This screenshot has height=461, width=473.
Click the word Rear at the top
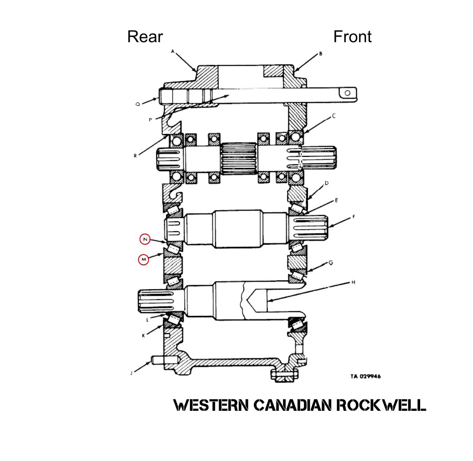click(145, 37)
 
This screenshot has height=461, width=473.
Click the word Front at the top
click(352, 37)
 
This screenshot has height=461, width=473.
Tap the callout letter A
click(173, 52)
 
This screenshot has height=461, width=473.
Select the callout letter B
click(320, 54)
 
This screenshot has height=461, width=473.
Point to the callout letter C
click(334, 116)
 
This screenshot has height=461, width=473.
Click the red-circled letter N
click(145, 239)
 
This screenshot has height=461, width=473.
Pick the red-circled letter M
click(143, 259)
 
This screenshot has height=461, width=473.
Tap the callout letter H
click(353, 282)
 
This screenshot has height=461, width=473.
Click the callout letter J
click(131, 373)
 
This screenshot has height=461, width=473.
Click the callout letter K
click(143, 336)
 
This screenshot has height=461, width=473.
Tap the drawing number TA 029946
click(365, 377)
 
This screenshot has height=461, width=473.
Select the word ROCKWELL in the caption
click(381, 405)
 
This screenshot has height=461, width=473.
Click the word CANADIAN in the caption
click(292, 405)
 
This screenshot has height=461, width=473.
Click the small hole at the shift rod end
click(347, 93)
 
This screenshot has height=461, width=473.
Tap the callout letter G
click(330, 263)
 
